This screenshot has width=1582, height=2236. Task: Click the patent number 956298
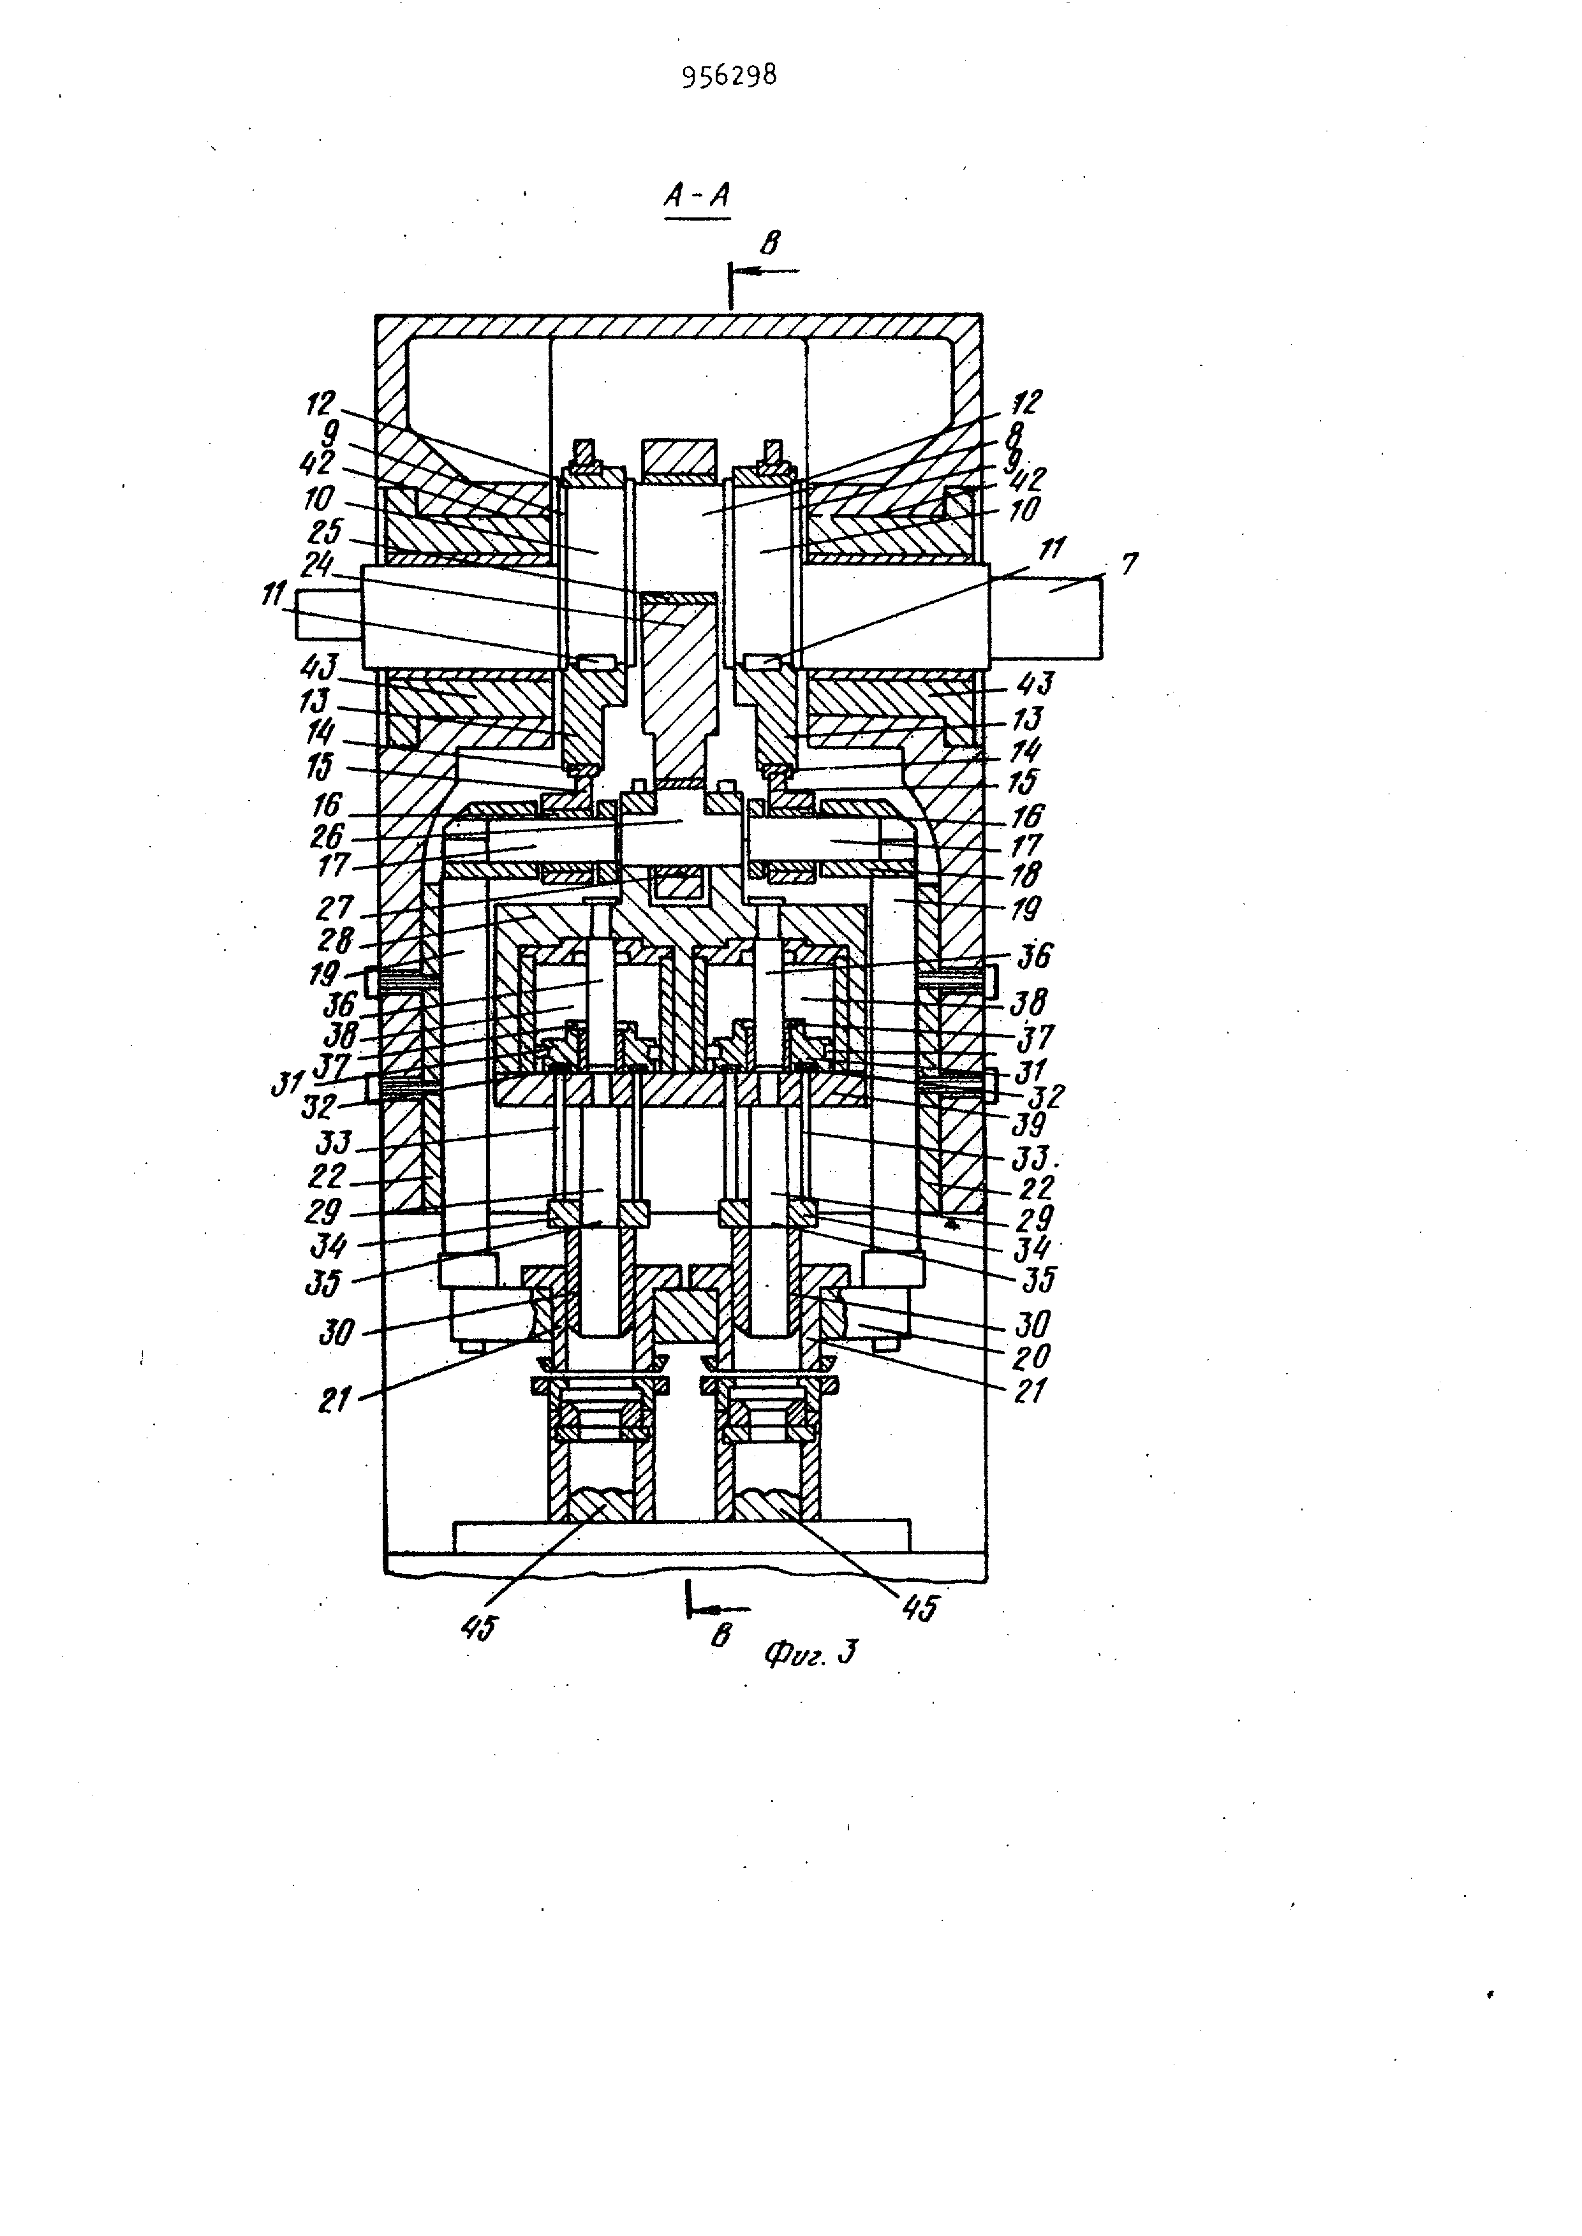coord(728,76)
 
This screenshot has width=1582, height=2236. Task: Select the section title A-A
coord(697,197)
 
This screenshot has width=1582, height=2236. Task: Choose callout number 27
coord(334,908)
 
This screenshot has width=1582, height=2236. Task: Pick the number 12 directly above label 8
coord(1026,401)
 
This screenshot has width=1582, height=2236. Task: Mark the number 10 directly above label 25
coord(318,499)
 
